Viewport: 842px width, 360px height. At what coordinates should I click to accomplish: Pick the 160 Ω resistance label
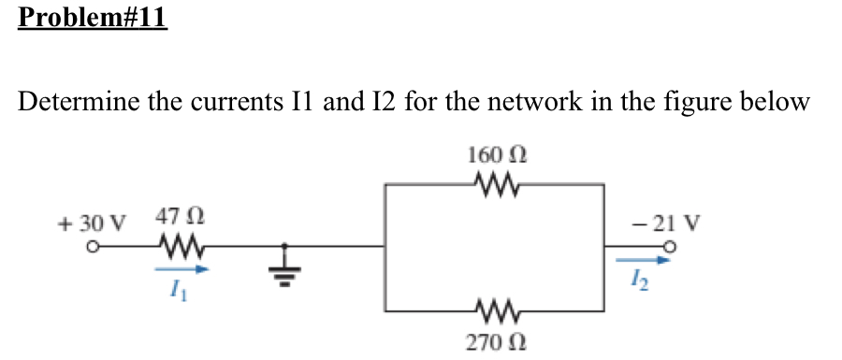(x=495, y=153)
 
